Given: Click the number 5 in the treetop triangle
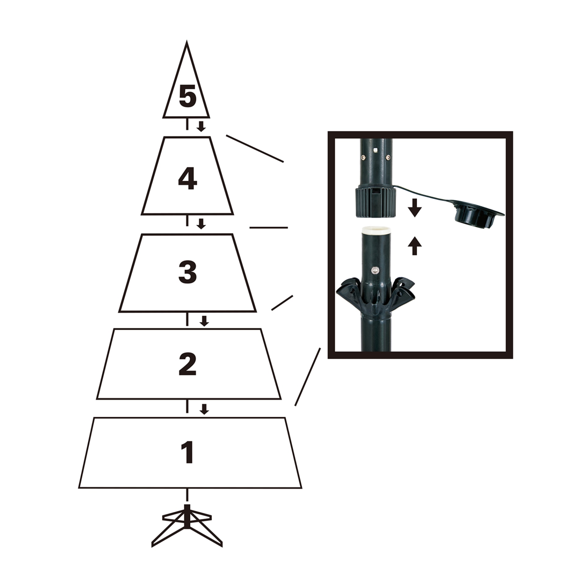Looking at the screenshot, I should (187, 97).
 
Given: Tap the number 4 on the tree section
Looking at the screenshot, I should (187, 179).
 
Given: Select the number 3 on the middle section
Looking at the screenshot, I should (187, 272).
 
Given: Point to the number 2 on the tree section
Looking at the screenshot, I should (187, 364).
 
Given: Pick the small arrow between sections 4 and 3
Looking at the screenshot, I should (201, 224).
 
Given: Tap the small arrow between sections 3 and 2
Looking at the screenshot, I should (204, 321).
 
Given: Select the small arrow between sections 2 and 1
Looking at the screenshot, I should (204, 409).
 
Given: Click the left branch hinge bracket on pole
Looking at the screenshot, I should (350, 289).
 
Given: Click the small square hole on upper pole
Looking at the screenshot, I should (375, 150).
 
